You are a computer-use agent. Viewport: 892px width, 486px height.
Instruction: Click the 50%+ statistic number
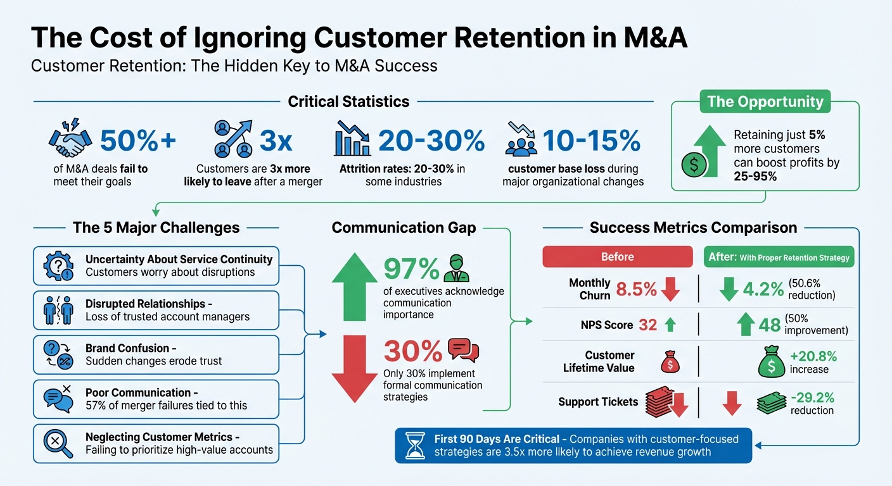pyautogui.click(x=138, y=140)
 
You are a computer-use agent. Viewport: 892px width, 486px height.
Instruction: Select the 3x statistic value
pyautogui.click(x=276, y=140)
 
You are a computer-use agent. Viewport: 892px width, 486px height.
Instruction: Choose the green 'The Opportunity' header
pyautogui.click(x=765, y=101)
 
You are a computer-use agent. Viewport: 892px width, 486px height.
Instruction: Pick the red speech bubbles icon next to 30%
pyautogui.click(x=463, y=350)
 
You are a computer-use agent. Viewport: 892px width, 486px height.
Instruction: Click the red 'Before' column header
pyautogui.click(x=617, y=256)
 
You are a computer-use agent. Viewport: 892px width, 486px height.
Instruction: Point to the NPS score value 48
pyautogui.click(x=769, y=325)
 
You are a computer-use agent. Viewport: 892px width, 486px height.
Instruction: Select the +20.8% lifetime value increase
pyautogui.click(x=813, y=356)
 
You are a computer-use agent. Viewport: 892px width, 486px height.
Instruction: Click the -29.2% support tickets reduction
pyautogui.click(x=812, y=398)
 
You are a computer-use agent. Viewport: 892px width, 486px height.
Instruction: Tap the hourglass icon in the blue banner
pyautogui.click(x=414, y=445)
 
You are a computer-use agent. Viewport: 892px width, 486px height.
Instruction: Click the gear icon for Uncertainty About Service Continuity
pyautogui.click(x=58, y=265)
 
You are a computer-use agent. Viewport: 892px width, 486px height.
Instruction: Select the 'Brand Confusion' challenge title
pyautogui.click(x=127, y=348)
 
